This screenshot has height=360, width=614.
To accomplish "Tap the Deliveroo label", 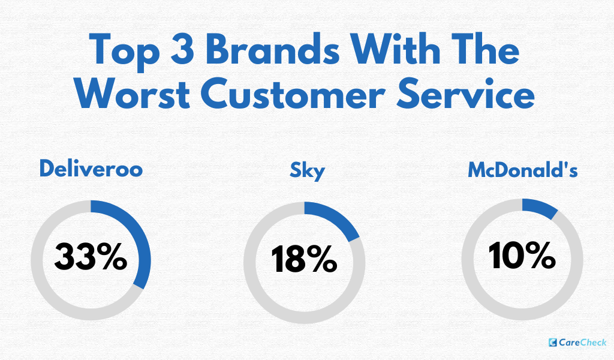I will (x=91, y=169).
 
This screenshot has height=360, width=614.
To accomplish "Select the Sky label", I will (x=307, y=170).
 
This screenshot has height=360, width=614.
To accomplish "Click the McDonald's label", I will (x=523, y=170).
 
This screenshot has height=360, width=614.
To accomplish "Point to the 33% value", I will (x=91, y=257).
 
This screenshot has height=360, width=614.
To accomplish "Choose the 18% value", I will (x=305, y=260).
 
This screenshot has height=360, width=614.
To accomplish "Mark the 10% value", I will (x=522, y=257).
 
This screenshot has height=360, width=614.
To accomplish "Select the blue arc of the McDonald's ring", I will (x=540, y=207).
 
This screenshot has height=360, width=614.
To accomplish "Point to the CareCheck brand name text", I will (x=583, y=343).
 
